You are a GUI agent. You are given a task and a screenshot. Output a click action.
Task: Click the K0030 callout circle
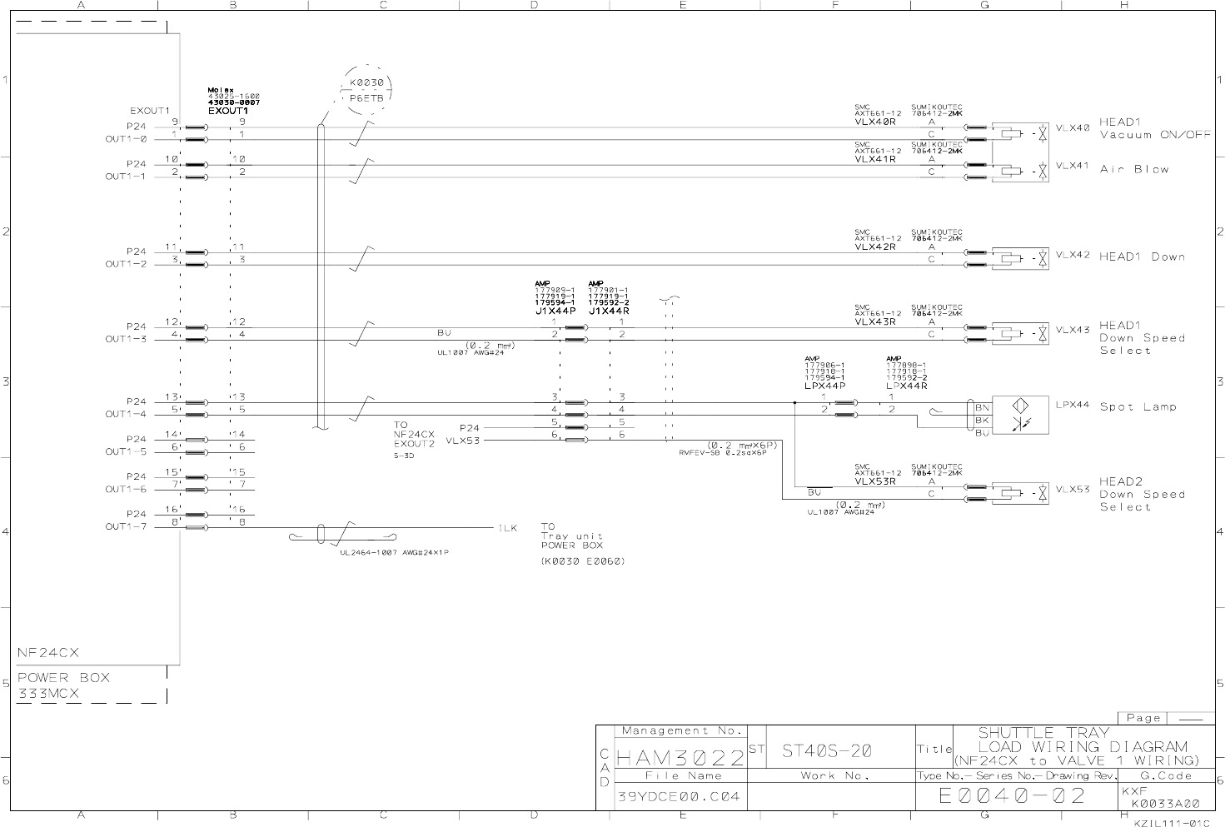coord(366,90)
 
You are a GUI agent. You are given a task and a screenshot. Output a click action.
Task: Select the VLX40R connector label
coord(874,122)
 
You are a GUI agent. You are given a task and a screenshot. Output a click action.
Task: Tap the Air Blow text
coord(1134,169)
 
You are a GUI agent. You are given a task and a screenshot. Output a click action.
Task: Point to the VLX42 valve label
coord(1073,256)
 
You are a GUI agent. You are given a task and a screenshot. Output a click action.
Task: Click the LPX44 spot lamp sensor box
coord(1020,415)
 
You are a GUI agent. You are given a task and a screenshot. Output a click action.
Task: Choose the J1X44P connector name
coord(555,311)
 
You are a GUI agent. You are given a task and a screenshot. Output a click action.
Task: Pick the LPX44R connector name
coord(907,386)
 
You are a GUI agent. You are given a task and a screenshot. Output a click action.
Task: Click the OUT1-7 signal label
coord(126,527)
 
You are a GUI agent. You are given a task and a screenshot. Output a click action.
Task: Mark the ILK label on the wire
coord(508,528)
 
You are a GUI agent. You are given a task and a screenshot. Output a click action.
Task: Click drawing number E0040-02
coord(1012,796)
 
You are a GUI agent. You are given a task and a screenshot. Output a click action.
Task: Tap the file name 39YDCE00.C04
coord(678,797)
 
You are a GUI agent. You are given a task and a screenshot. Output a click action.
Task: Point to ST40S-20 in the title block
coord(827,751)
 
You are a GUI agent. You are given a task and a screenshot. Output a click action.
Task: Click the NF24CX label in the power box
coord(48,653)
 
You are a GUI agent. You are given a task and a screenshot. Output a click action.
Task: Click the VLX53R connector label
coord(874,481)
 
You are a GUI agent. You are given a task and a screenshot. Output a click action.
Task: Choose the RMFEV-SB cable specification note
coord(722,452)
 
